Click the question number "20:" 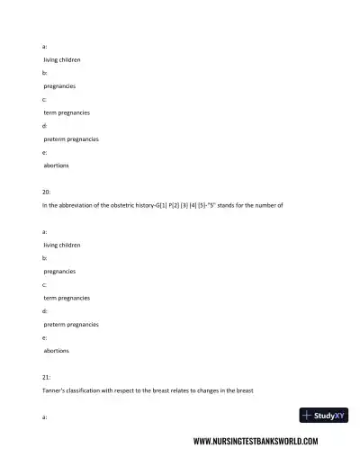[46, 192]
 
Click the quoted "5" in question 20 [223, 205]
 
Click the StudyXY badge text [329, 416]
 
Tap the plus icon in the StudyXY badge [308, 416]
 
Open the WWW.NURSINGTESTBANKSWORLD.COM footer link [256, 442]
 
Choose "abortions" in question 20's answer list [57, 350]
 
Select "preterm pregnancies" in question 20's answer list [71, 324]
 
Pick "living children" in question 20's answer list [62, 245]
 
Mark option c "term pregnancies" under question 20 [67, 297]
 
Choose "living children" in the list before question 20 [62, 59]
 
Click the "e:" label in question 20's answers [45, 337]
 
